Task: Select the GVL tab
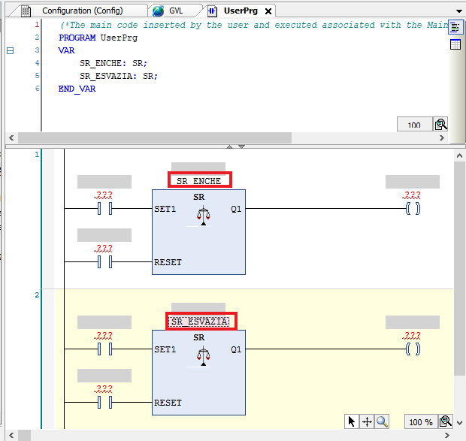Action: pyautogui.click(x=175, y=11)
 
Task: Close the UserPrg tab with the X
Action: pyautogui.click(x=268, y=11)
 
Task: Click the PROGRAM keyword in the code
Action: pyautogui.click(x=77, y=38)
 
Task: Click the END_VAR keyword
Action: pyautogui.click(x=77, y=89)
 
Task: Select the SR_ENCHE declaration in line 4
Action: pyautogui.click(x=113, y=63)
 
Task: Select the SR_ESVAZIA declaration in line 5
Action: pyautogui.click(x=119, y=76)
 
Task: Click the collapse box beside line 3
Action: pyautogui.click(x=10, y=51)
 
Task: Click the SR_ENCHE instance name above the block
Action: pyautogui.click(x=199, y=181)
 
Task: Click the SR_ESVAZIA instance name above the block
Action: pyautogui.click(x=199, y=322)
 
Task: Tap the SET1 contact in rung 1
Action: pyautogui.click(x=105, y=208)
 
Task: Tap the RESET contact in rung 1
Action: pyautogui.click(x=105, y=262)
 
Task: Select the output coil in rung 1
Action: pyautogui.click(x=413, y=208)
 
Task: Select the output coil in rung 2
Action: pyautogui.click(x=413, y=349)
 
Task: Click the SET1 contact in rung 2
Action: pyautogui.click(x=105, y=349)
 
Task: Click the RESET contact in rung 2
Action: pyautogui.click(x=105, y=403)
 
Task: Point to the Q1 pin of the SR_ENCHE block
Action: pyautogui.click(x=236, y=209)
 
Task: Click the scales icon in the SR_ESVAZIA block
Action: pyautogui.click(x=203, y=358)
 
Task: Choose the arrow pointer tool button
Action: pyautogui.click(x=352, y=421)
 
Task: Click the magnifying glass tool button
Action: pyautogui.click(x=382, y=421)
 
